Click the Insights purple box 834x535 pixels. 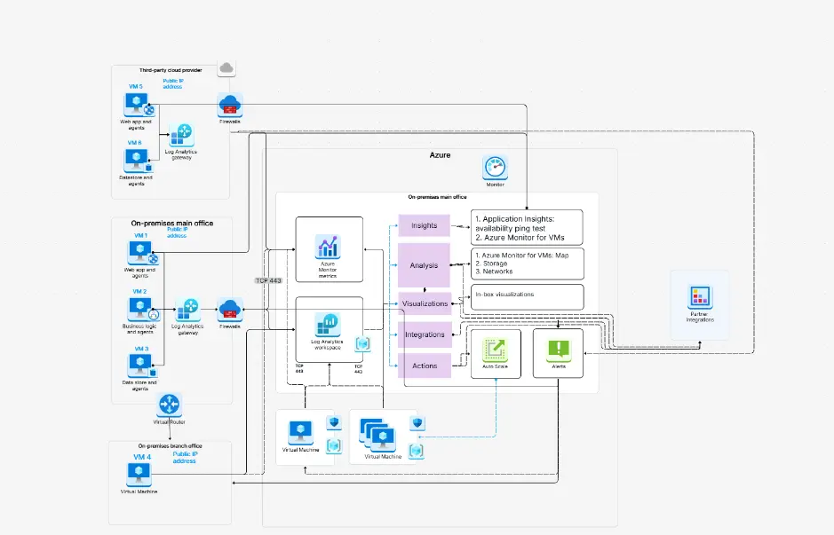tap(425, 225)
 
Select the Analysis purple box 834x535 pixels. tap(425, 265)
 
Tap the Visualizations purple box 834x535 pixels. tap(425, 303)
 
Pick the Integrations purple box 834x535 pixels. tap(425, 334)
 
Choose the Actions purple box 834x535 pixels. tap(425, 366)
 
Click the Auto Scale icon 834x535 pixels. tap(495, 349)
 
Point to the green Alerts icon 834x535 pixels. tap(558, 349)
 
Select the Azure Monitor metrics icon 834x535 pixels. tap(328, 247)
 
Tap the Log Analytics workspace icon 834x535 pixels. tap(327, 325)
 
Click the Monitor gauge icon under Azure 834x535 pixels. tap(495, 166)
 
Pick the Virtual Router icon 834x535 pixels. tap(170, 405)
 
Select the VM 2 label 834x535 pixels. tap(139, 292)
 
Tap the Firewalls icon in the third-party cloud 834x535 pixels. tap(230, 105)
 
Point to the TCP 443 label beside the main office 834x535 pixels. tap(268, 280)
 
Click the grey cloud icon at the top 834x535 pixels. tap(226, 67)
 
